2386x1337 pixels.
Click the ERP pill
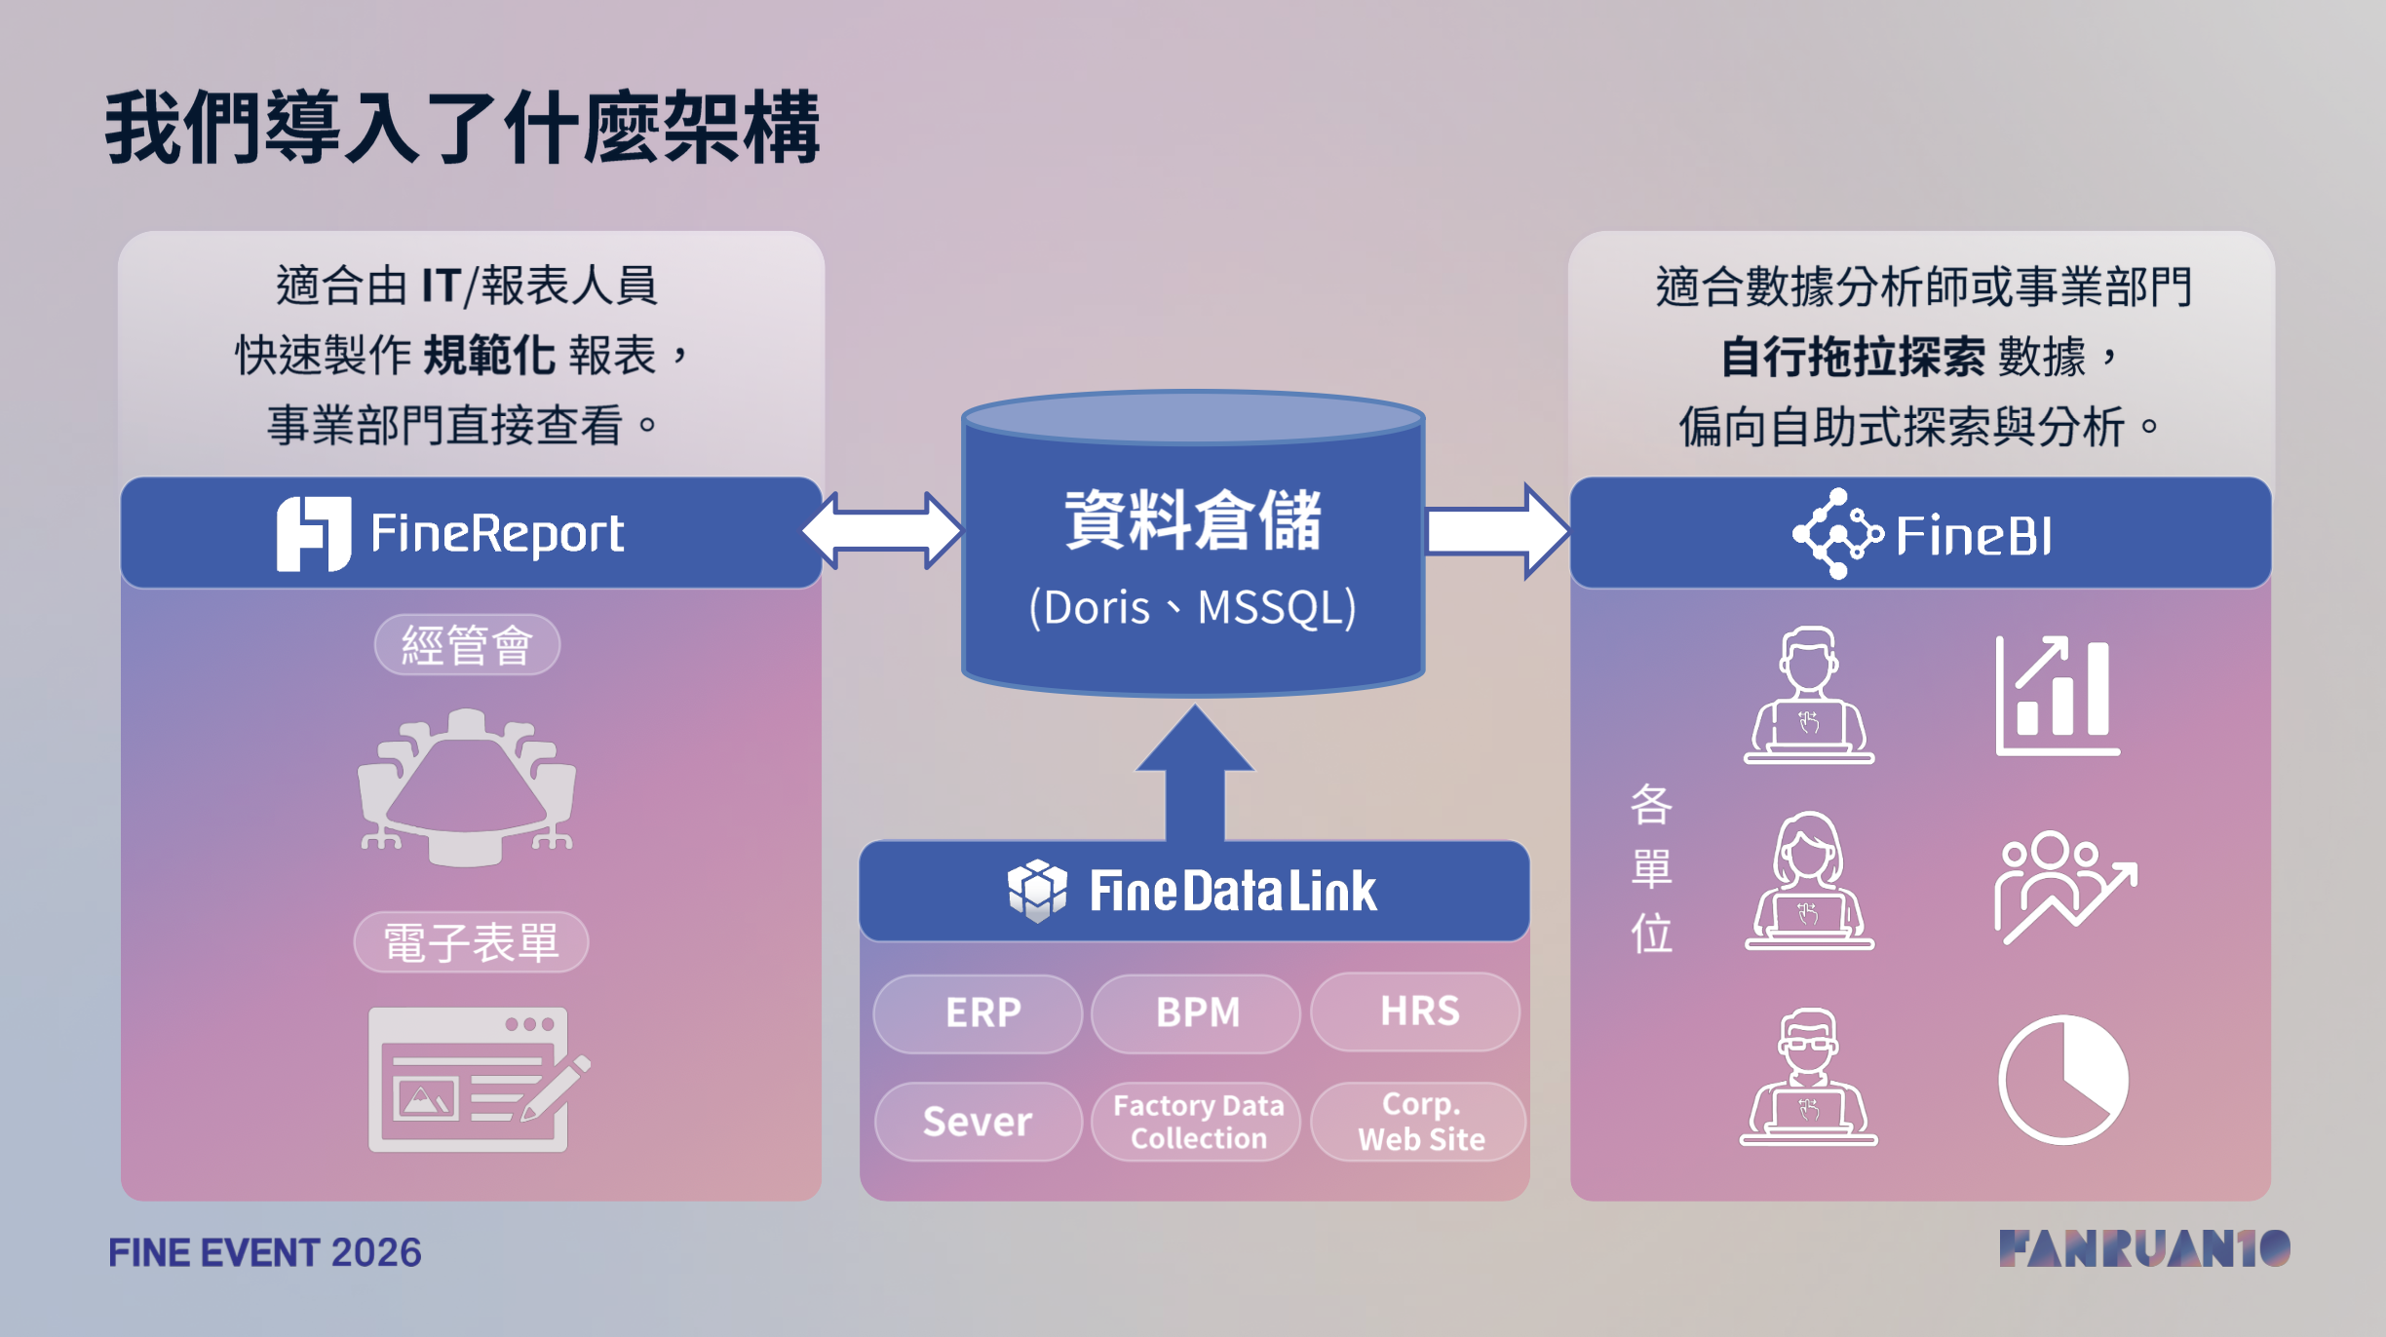click(978, 1013)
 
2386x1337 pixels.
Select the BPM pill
click(1196, 1013)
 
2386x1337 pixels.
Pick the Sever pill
click(978, 1122)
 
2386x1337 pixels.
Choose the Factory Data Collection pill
click(1196, 1122)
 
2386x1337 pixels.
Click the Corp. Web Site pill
click(1418, 1122)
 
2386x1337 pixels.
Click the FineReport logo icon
click(314, 533)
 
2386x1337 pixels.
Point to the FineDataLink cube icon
click(1037, 891)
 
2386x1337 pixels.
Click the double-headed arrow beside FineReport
click(883, 531)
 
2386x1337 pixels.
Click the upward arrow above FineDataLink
click(1195, 772)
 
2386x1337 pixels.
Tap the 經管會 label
click(467, 645)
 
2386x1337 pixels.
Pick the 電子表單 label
click(471, 942)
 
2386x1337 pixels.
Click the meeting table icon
click(467, 787)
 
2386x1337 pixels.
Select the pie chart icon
click(2063, 1079)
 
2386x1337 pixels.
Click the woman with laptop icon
click(1809, 881)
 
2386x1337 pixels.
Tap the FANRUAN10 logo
click(2144, 1248)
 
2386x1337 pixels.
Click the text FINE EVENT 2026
click(265, 1252)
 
